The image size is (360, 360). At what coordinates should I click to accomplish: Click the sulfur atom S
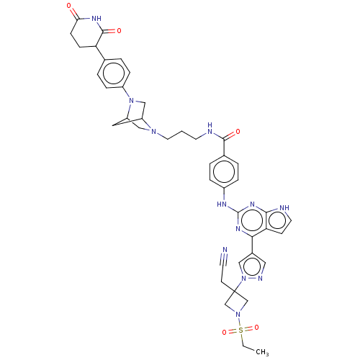(x=240, y=330)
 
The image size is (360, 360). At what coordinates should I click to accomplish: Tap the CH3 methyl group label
(x=262, y=352)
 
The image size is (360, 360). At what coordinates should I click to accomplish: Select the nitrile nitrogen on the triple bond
(x=225, y=250)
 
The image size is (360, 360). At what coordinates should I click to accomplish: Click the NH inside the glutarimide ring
(x=96, y=18)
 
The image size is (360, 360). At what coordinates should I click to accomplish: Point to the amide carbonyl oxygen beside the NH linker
(x=238, y=132)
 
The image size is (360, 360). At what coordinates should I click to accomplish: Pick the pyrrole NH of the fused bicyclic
(x=284, y=207)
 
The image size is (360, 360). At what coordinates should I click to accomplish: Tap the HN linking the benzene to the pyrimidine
(x=222, y=204)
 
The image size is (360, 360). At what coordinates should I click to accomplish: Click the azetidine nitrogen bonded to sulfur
(x=238, y=314)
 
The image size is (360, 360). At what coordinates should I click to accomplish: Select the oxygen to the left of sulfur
(x=224, y=333)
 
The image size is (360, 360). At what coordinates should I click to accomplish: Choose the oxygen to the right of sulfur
(x=256, y=328)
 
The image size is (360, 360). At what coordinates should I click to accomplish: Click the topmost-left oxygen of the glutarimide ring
(x=69, y=6)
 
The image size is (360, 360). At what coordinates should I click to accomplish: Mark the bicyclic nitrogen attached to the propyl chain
(x=154, y=132)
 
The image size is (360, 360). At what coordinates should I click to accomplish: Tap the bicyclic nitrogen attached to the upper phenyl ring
(x=131, y=101)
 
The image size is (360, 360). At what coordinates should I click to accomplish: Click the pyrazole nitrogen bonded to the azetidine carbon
(x=244, y=279)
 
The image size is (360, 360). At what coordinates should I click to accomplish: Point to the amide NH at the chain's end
(x=210, y=128)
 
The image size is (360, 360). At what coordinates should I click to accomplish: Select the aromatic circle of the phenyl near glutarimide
(x=114, y=73)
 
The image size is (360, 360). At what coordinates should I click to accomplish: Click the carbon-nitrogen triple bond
(x=222, y=259)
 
